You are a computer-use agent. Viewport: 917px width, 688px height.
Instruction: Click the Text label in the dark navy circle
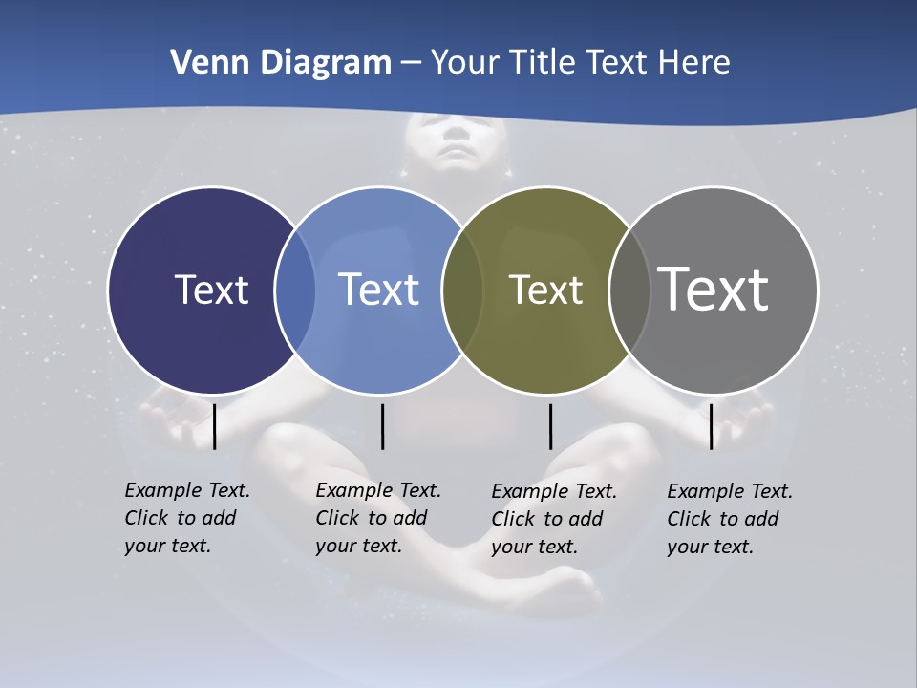(211, 290)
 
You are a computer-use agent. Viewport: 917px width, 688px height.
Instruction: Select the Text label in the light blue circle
(378, 290)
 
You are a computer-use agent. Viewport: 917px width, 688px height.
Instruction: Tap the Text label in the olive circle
(545, 290)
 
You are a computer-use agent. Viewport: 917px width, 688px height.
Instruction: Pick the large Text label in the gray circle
(714, 289)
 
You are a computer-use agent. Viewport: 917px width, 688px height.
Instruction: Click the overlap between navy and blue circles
(295, 290)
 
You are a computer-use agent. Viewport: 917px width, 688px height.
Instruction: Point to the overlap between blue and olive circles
(461, 290)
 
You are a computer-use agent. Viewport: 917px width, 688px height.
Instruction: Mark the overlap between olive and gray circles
(627, 290)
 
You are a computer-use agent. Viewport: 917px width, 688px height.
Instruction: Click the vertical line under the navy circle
(215, 426)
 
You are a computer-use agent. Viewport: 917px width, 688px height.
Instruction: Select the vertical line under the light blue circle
(382, 426)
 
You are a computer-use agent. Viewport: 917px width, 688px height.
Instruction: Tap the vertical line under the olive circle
(550, 426)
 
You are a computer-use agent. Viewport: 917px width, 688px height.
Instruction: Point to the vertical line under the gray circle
(711, 426)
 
